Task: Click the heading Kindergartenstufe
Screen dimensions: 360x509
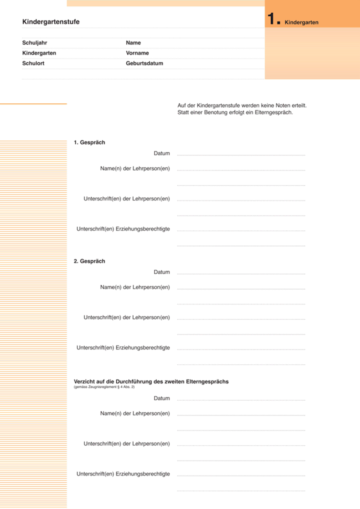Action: (51, 22)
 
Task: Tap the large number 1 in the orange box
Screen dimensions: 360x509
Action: (271, 18)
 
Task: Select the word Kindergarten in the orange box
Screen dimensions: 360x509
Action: (301, 22)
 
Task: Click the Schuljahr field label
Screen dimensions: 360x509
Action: (35, 43)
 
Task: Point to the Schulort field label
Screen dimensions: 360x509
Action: (33, 63)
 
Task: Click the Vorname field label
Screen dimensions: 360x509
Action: (137, 53)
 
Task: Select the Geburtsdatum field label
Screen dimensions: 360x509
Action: (145, 63)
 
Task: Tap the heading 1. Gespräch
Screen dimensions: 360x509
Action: (89, 143)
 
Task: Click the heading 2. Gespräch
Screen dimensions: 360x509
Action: (89, 261)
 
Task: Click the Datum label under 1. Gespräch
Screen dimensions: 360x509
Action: (162, 153)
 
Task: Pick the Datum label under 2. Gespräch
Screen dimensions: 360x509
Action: (162, 272)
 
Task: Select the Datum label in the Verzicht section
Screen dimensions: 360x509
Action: (162, 398)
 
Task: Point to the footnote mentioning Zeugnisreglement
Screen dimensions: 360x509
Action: (104, 387)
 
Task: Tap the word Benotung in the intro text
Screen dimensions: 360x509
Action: (216, 112)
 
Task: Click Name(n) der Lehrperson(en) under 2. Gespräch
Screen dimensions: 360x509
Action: (135, 287)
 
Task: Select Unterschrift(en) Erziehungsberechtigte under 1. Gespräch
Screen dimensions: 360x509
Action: (123, 229)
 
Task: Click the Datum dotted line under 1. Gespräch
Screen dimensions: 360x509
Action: (241, 155)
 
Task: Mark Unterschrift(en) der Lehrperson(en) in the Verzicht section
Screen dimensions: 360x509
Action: (127, 443)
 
